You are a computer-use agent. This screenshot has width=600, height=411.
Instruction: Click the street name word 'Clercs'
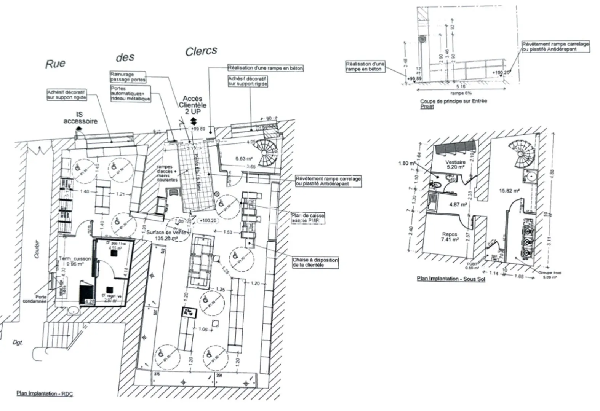[x=201, y=51]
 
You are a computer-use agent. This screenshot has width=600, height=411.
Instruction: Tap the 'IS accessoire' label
[x=80, y=118]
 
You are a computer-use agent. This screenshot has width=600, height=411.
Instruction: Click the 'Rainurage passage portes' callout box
[x=128, y=77]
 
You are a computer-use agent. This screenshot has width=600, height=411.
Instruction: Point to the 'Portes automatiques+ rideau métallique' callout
[x=130, y=94]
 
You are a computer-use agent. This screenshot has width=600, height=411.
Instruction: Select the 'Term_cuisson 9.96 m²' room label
[x=75, y=261]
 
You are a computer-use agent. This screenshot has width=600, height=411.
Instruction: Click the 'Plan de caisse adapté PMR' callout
[x=308, y=218]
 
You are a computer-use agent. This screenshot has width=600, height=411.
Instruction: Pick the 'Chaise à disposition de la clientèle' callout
[x=315, y=263]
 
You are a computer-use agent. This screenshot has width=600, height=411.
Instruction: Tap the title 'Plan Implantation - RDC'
[x=45, y=393]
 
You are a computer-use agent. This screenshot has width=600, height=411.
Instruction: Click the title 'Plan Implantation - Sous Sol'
[x=451, y=279]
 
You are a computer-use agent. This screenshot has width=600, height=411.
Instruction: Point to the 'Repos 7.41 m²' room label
[x=450, y=237]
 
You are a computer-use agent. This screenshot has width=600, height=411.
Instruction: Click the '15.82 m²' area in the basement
[x=509, y=191]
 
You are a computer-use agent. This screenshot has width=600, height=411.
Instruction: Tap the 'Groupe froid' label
[x=549, y=273]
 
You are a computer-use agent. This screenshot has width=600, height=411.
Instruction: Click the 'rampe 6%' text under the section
[x=461, y=93]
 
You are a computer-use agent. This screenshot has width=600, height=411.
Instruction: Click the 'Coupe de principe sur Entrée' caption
[x=453, y=101]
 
